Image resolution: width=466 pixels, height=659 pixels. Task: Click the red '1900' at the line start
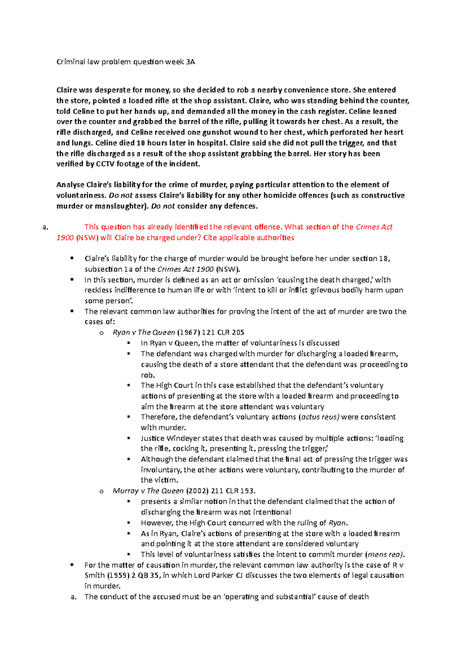[65, 238]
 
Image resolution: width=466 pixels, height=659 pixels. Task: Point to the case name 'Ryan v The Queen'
[144, 332]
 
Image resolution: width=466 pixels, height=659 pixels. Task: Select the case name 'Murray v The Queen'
[148, 491]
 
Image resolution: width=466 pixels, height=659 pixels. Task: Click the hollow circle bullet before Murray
[101, 491]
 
